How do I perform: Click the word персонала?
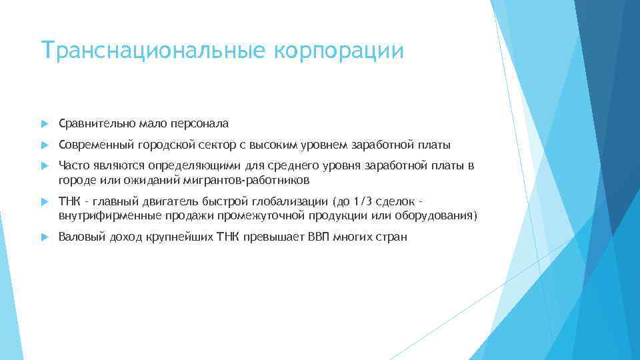click(x=199, y=123)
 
